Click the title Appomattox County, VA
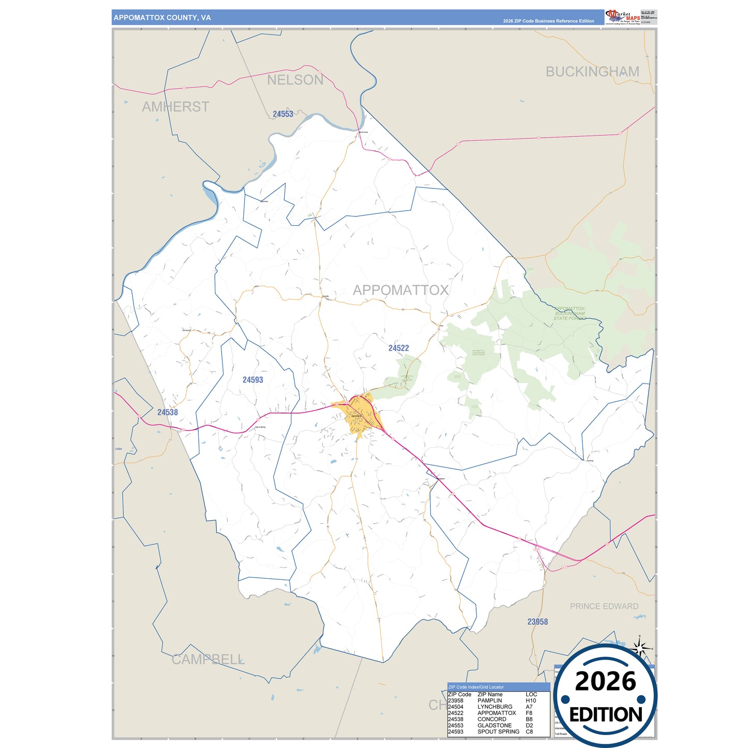[162, 18]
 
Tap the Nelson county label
[295, 80]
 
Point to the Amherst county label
[175, 107]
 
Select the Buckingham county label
[592, 71]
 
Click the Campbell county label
[208, 659]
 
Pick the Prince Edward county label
[604, 606]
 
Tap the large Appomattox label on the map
[401, 290]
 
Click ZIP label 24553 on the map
[283, 114]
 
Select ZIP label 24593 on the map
[253, 380]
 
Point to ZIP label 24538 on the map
[168, 413]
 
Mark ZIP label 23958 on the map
[537, 622]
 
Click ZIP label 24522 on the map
[399, 348]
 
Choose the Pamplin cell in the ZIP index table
[490, 700]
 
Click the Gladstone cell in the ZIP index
[494, 725]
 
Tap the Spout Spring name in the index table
[498, 731]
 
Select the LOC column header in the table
[531, 694]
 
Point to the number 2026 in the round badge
[605, 681]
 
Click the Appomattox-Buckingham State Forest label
[569, 313]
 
